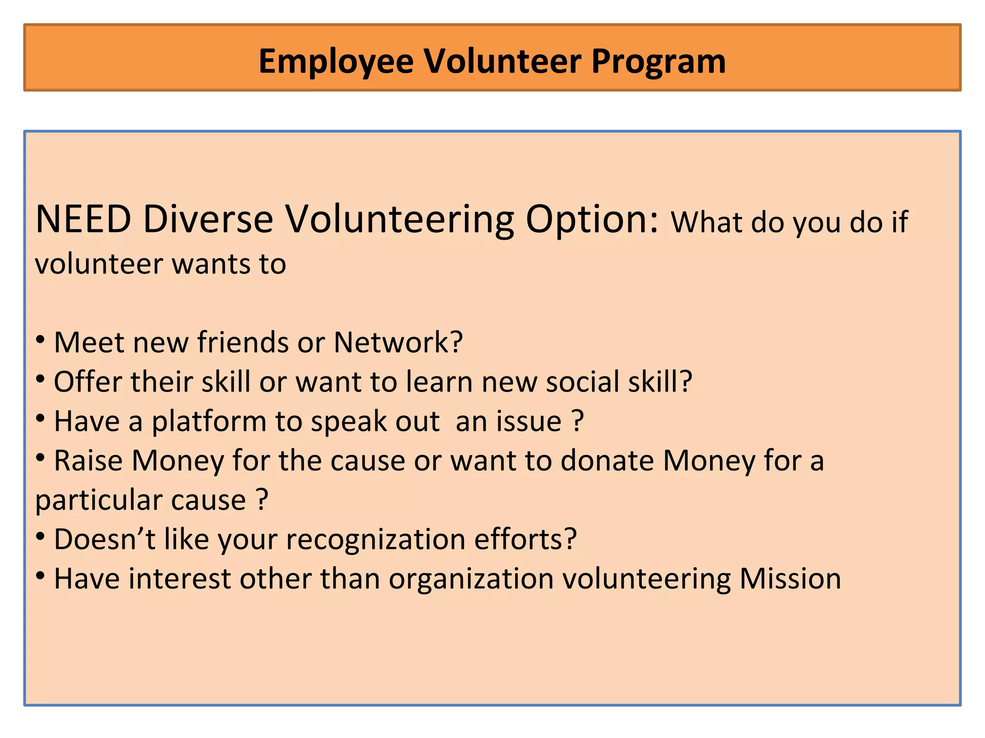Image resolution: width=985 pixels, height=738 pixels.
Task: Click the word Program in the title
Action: (658, 62)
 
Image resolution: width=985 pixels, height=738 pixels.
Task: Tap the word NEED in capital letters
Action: (83, 220)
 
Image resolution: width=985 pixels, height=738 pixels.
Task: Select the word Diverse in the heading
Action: (208, 220)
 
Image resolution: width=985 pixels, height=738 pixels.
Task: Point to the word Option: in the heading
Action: (592, 220)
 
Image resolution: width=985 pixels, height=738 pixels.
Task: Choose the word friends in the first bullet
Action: (243, 343)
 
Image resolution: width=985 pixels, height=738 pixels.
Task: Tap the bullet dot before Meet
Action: (41, 340)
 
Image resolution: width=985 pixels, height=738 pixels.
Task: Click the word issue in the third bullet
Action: (529, 422)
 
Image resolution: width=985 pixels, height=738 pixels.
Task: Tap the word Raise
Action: (88, 461)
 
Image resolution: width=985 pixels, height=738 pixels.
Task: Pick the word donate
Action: (607, 461)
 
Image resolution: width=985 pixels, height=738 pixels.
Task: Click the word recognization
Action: (376, 540)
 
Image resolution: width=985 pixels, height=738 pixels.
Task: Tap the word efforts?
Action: (526, 540)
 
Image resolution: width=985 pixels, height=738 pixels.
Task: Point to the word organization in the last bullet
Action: (471, 579)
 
